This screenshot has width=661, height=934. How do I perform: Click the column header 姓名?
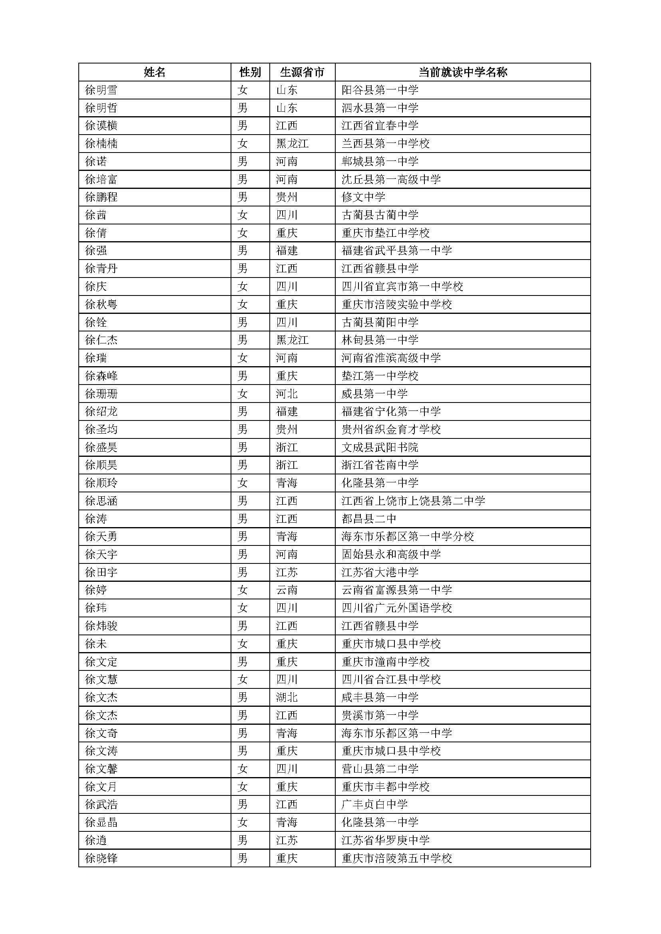point(155,72)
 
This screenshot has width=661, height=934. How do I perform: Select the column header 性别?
point(250,72)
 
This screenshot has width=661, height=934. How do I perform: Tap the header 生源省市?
point(302,72)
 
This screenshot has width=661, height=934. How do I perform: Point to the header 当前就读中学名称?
point(463,72)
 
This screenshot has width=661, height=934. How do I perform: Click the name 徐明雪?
point(102,90)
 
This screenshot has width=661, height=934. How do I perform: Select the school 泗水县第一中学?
point(380,108)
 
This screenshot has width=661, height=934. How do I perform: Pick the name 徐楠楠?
point(102,144)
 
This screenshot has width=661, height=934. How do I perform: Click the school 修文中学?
point(363,197)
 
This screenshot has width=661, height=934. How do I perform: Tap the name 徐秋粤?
point(102,305)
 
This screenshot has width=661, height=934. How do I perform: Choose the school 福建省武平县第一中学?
point(396,251)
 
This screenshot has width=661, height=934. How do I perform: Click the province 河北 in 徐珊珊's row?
point(287,394)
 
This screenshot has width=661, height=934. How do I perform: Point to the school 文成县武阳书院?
point(380,448)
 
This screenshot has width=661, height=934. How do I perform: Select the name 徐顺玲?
point(102,483)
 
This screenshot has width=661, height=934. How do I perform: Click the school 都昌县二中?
point(369,519)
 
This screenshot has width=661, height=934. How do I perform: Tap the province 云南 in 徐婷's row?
point(287,590)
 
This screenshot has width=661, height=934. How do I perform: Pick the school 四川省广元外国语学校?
point(396,608)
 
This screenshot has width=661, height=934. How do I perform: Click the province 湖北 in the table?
point(287,698)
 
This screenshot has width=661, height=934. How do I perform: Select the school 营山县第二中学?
point(380,769)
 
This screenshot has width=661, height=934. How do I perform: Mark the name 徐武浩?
point(102,805)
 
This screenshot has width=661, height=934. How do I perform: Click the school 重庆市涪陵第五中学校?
point(396,859)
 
